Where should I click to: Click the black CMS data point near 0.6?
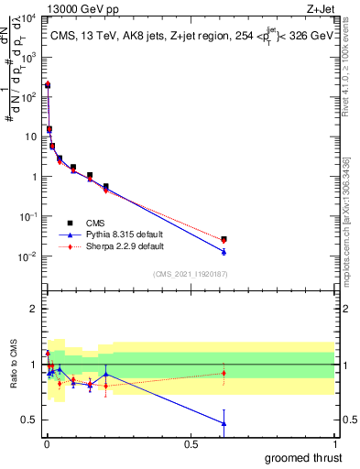coord(224,239)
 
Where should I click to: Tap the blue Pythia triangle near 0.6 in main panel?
coord(224,251)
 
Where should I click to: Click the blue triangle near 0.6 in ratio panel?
coord(224,422)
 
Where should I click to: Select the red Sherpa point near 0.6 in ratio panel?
coord(224,373)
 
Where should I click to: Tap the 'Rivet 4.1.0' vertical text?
coord(350,60)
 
